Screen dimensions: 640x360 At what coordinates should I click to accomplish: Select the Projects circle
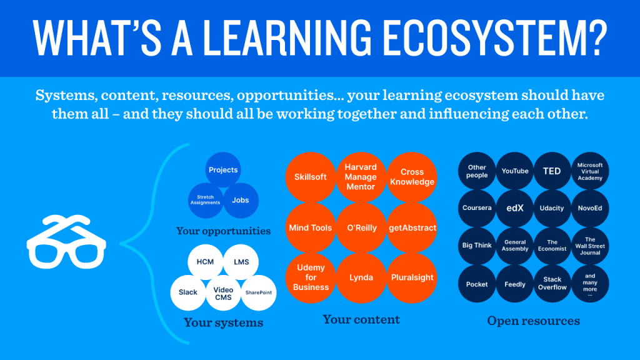[223, 170]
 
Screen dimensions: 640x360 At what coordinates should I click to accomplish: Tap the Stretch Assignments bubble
[205, 200]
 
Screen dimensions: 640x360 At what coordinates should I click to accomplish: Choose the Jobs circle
[241, 200]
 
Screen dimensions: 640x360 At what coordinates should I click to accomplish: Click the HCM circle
[205, 262]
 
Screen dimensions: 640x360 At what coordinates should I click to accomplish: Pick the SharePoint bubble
[259, 292]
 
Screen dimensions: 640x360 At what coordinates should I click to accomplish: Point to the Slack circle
[188, 292]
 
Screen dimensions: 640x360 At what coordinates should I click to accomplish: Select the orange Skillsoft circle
[311, 177]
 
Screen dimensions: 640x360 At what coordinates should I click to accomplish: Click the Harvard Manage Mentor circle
[361, 177]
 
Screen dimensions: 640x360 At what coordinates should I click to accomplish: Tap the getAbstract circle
[412, 227]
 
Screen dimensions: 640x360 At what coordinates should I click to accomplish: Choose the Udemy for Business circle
[311, 278]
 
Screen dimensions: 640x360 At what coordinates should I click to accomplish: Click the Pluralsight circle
[412, 278]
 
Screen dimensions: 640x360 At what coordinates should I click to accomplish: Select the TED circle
[552, 171]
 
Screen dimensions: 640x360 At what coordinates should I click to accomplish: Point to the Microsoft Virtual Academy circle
[590, 171]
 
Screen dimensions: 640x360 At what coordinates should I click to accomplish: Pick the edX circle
[515, 208]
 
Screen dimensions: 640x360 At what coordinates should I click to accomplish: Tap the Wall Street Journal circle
[590, 246]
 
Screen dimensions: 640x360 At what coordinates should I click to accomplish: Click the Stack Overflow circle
[552, 284]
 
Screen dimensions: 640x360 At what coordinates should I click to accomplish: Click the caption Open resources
[534, 321]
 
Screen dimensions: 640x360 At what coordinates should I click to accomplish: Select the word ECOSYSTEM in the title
[495, 37]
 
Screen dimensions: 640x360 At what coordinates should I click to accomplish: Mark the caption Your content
[361, 319]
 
